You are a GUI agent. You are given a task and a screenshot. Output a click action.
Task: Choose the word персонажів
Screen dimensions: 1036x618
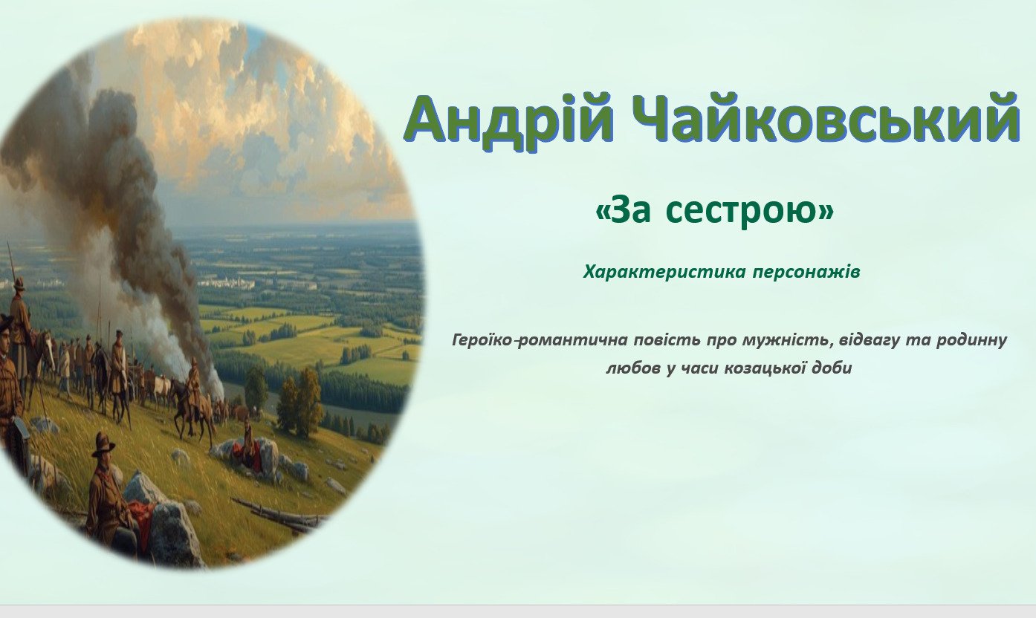click(x=806, y=273)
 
